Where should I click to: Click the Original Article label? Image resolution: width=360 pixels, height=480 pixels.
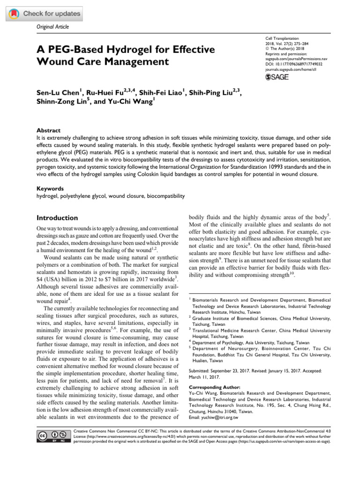[x=52, y=27]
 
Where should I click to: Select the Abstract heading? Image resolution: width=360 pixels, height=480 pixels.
[x=49, y=130]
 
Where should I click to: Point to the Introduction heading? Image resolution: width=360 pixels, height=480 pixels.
[x=57, y=218]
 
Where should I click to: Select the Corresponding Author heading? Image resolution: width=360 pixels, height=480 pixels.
[x=214, y=387]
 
